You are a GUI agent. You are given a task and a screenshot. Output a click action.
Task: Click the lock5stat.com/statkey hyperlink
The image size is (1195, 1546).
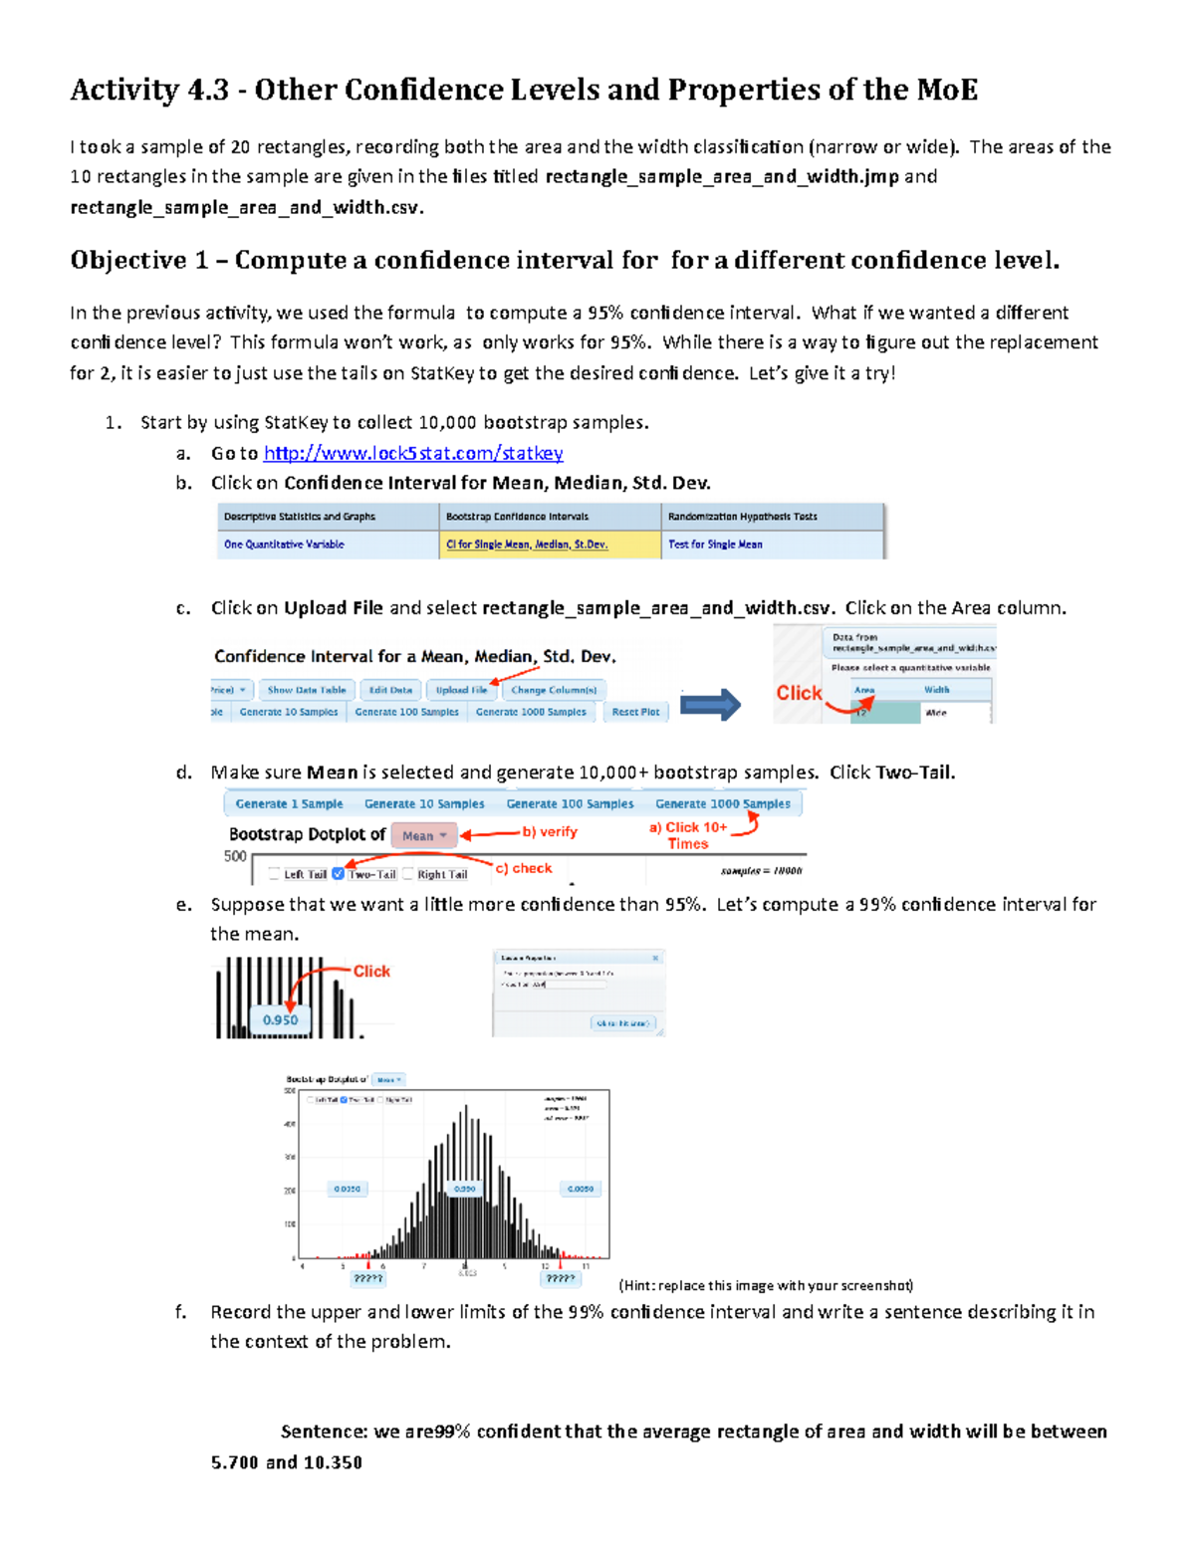(412, 454)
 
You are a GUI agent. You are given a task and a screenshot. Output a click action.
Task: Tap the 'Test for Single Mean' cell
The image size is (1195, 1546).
(715, 545)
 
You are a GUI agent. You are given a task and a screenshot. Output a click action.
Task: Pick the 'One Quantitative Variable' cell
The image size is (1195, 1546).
(284, 545)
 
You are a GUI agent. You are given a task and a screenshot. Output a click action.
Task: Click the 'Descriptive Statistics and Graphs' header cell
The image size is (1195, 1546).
(300, 517)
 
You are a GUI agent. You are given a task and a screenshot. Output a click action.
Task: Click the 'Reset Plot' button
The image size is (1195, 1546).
(635, 712)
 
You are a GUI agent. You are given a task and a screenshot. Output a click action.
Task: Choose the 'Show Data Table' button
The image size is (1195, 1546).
(306, 690)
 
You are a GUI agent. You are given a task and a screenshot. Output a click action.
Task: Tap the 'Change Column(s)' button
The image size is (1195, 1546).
(554, 690)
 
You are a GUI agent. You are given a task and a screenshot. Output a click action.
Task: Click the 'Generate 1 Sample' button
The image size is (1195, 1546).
(289, 804)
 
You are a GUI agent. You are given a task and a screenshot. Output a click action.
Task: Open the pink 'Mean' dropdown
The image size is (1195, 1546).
(423, 836)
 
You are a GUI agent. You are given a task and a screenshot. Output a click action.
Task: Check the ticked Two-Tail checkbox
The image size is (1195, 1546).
(339, 874)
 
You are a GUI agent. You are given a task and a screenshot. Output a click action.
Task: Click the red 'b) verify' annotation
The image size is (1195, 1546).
(550, 832)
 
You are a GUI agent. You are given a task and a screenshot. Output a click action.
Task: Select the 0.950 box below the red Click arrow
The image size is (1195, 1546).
(280, 1020)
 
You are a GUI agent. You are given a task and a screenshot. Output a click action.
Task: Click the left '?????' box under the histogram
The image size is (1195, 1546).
(367, 1278)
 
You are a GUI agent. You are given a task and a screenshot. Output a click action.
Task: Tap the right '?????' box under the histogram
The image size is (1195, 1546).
(560, 1278)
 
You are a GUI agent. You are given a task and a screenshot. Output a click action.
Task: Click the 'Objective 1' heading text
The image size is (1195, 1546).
(138, 261)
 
